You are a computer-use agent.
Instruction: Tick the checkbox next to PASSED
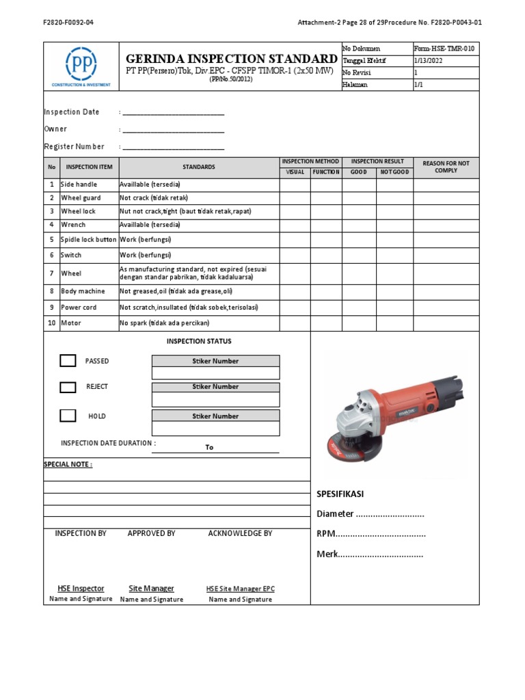coord(68,361)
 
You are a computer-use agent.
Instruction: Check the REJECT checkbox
coord(68,387)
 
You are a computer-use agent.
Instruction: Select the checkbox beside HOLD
coord(68,416)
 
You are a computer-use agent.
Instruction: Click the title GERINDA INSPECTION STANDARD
coord(232,59)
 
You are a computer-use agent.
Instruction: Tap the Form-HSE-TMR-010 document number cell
coord(445,49)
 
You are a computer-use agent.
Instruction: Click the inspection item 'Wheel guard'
coord(81,198)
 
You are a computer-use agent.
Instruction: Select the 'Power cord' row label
coord(79,308)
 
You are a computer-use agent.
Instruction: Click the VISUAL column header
coord(295,172)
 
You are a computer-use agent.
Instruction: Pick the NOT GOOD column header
coord(394,172)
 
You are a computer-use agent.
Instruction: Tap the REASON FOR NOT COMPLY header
coord(446,167)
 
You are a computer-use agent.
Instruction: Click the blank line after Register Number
coord(173,148)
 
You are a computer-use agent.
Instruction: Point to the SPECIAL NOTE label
coord(68,464)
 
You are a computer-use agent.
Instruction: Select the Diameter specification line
coord(371,514)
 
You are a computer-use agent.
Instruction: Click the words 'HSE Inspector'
coord(81,589)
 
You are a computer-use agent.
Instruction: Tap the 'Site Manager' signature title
coord(151,589)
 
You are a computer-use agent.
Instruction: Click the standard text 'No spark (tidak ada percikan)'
coord(164,323)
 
